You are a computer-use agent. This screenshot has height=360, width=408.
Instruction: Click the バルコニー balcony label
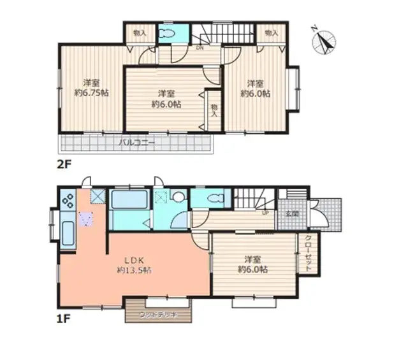[x=136, y=142]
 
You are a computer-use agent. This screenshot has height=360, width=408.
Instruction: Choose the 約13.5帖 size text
[x=134, y=270]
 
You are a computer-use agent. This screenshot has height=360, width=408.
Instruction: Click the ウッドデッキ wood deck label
[x=157, y=315]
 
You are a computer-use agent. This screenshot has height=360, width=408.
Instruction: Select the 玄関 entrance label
[x=293, y=214]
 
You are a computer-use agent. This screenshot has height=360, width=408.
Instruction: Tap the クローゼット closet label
[x=307, y=253]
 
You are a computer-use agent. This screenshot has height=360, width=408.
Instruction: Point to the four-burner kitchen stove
[x=68, y=202]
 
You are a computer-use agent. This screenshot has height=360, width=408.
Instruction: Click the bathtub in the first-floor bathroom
[x=129, y=199]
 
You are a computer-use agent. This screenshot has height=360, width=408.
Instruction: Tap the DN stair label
[x=199, y=48]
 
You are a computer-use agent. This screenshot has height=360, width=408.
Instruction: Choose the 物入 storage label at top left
[x=140, y=32]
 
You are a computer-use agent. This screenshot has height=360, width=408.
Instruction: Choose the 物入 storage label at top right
[x=270, y=32]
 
